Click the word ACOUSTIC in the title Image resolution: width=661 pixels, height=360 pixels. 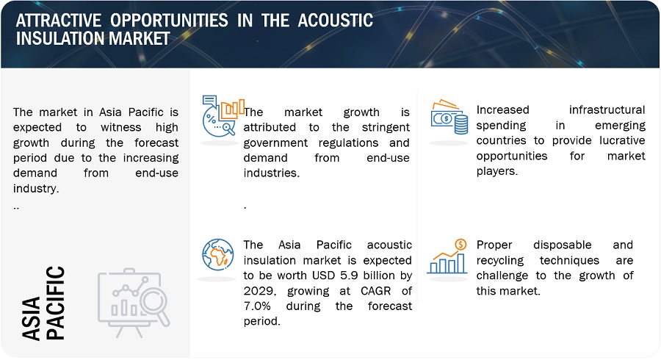[x=335, y=21]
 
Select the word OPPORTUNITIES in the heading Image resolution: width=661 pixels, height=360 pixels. [x=169, y=21]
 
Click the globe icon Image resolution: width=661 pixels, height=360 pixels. [x=218, y=255]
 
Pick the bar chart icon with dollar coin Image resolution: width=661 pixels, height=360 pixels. [x=447, y=256]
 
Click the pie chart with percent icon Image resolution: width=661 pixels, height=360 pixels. [x=223, y=116]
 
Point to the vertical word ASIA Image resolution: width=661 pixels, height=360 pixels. [x=31, y=318]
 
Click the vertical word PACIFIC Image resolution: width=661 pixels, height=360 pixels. [x=55, y=303]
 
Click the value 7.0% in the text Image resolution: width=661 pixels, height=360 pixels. [x=257, y=306]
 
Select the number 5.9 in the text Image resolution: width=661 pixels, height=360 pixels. [x=349, y=276]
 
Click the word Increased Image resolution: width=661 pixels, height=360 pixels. [x=502, y=110]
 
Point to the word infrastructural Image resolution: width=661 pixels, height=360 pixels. [x=607, y=110]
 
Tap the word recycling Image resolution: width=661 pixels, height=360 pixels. [x=500, y=261]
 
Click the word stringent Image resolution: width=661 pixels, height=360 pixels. [x=386, y=127]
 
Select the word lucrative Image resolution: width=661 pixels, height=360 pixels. [x=622, y=140]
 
